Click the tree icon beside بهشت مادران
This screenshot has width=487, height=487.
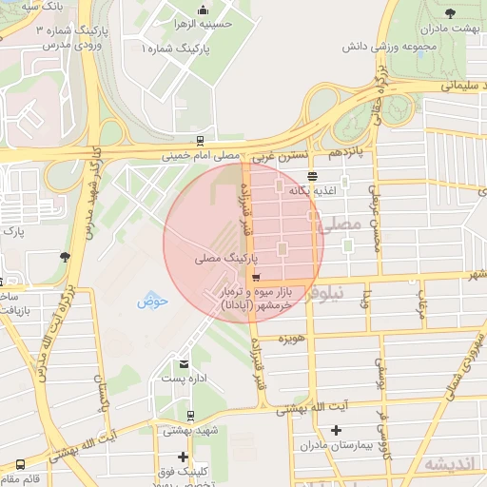click(x=450, y=14)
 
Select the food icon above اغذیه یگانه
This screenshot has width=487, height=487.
click(x=313, y=175)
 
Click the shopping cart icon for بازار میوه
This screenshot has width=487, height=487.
click(x=252, y=278)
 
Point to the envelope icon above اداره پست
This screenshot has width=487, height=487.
click(x=184, y=362)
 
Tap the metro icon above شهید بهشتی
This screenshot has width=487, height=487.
click(x=190, y=415)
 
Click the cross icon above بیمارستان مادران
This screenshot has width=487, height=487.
click(x=335, y=430)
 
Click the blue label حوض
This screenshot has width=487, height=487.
click(x=152, y=302)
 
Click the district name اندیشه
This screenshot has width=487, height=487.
click(x=447, y=464)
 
